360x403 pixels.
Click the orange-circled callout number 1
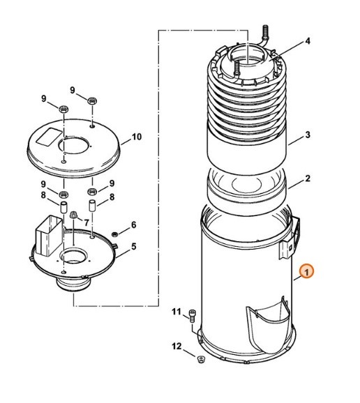306,271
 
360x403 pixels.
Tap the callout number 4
308,41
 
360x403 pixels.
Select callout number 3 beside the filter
308,135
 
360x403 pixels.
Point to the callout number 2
308,178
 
